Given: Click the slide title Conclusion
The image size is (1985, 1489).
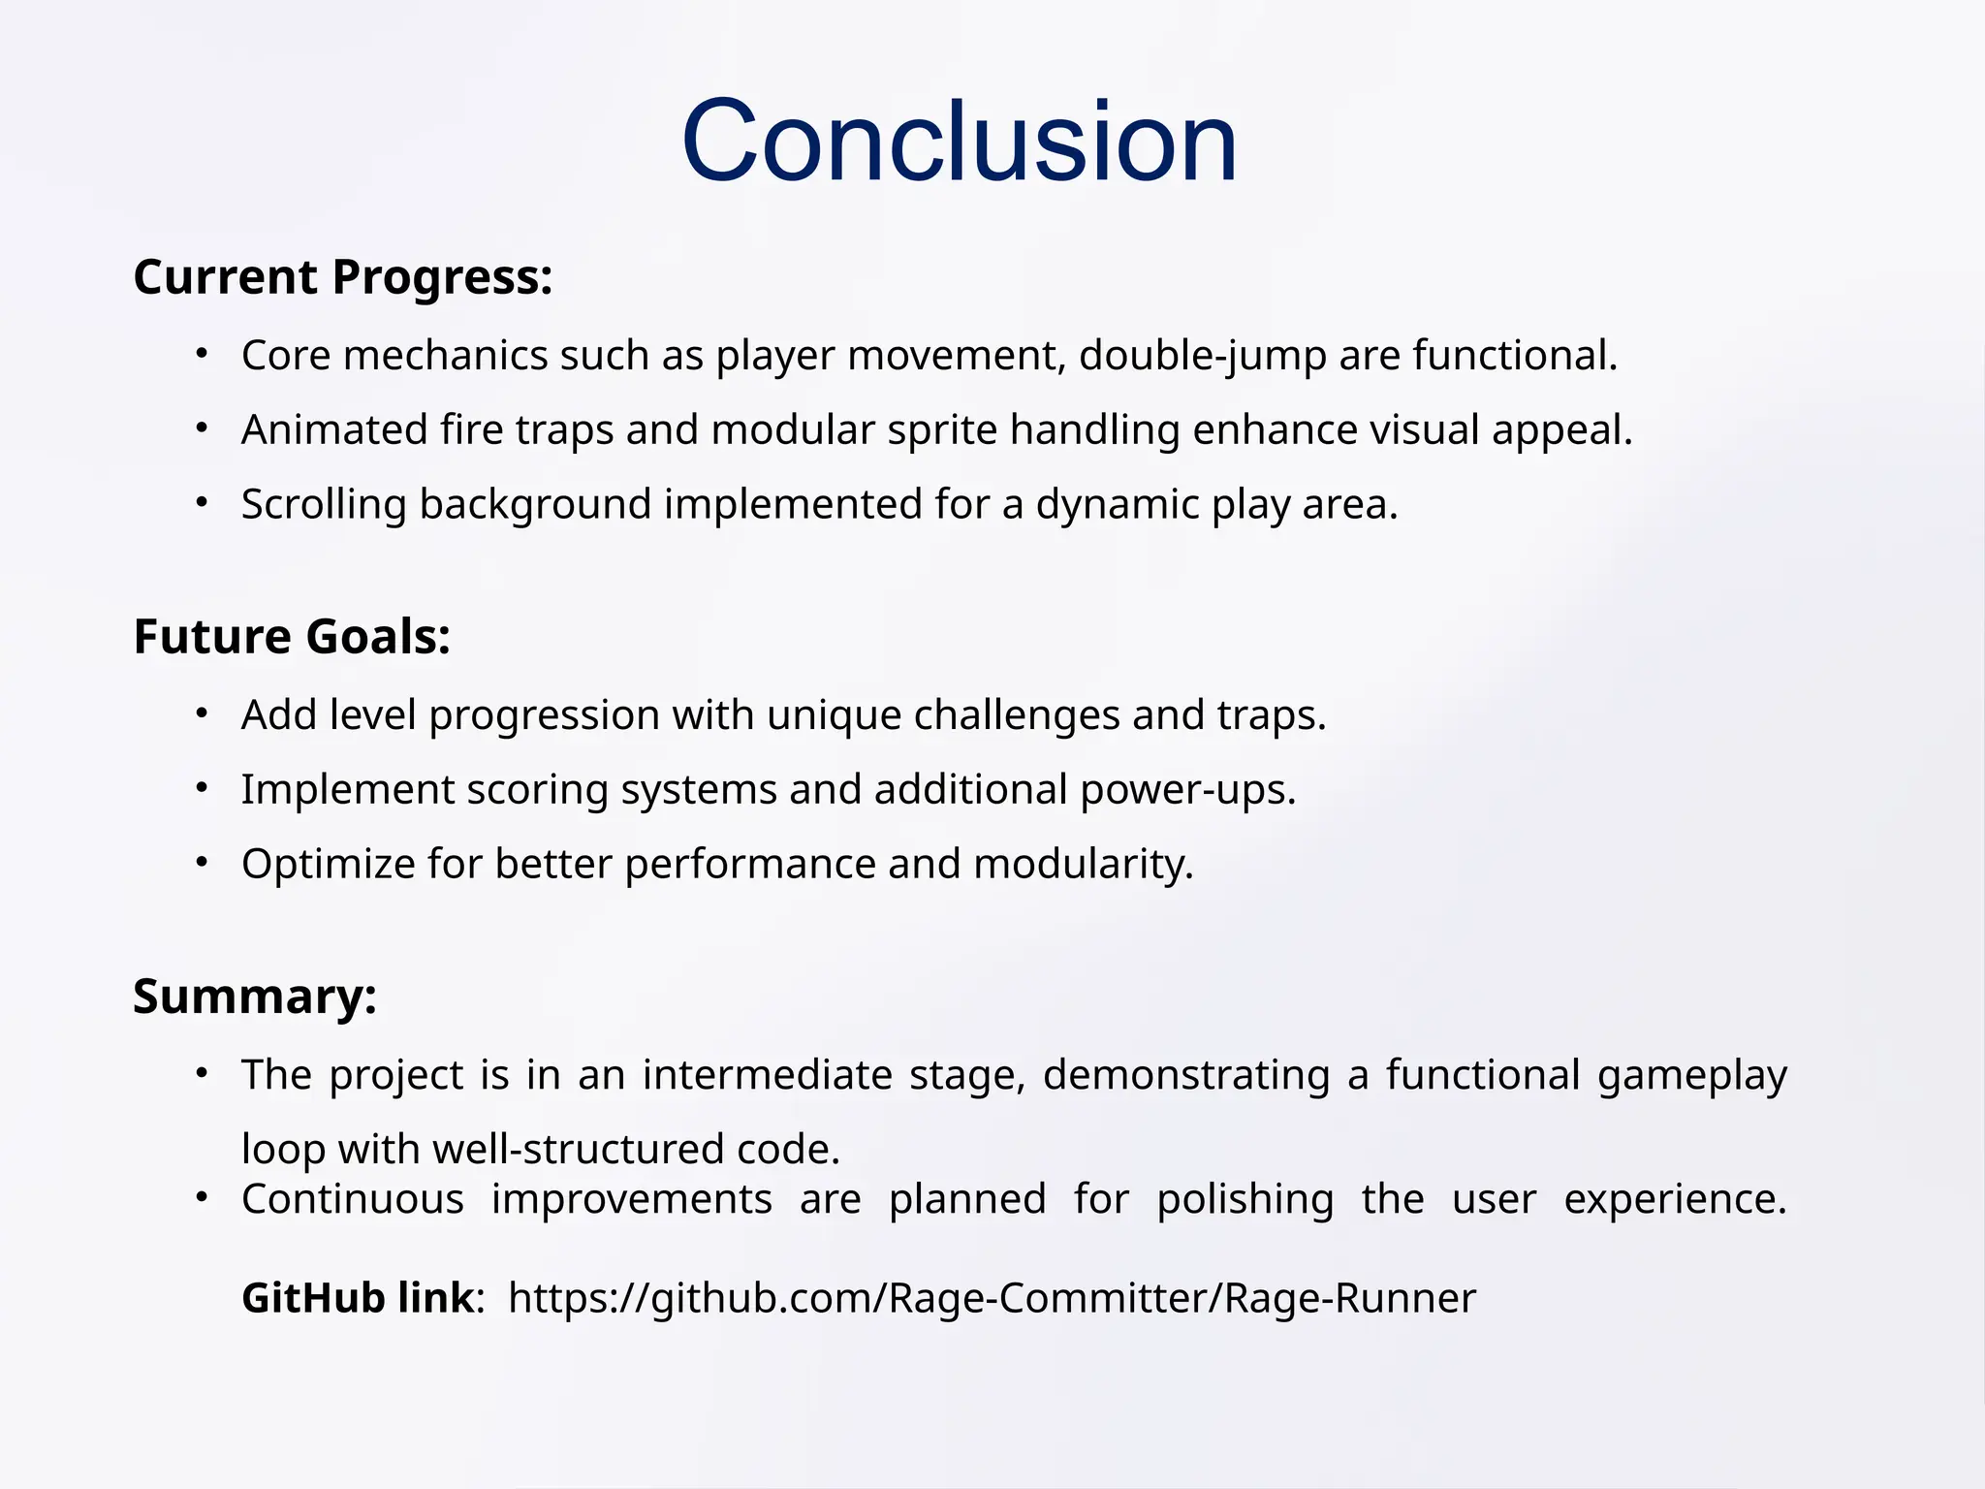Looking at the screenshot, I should [x=960, y=142].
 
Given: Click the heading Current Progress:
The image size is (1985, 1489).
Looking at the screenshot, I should [x=343, y=277].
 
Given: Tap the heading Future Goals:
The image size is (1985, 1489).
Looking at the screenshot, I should [x=292, y=637].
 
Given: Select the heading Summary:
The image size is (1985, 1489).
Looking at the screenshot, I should [x=255, y=997].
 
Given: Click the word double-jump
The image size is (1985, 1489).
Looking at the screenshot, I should [x=1202, y=356].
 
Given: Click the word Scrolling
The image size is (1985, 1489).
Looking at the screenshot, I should [x=324, y=505].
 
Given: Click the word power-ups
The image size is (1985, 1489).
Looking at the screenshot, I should [x=1187, y=790].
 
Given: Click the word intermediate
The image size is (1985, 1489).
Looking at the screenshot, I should [x=767, y=1075].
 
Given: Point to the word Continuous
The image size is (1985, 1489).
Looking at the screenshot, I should [x=353, y=1199].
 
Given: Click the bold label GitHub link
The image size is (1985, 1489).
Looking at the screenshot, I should [x=359, y=1298].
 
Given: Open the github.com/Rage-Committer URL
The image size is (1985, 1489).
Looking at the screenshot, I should [x=991, y=1298].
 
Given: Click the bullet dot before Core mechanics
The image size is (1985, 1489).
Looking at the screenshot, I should [x=202, y=354].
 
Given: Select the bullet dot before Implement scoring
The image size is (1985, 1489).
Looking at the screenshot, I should [x=202, y=788].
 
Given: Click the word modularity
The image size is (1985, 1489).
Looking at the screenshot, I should [x=1083, y=865].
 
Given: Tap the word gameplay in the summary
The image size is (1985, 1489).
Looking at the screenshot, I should [x=1691, y=1075].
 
